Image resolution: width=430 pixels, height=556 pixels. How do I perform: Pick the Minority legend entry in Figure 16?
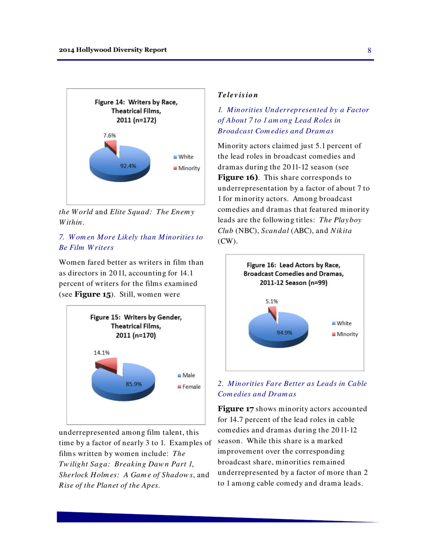[342, 335]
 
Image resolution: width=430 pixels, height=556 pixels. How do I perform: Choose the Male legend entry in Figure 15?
[183, 376]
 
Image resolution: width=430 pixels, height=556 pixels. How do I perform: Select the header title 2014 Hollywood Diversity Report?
[113, 49]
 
